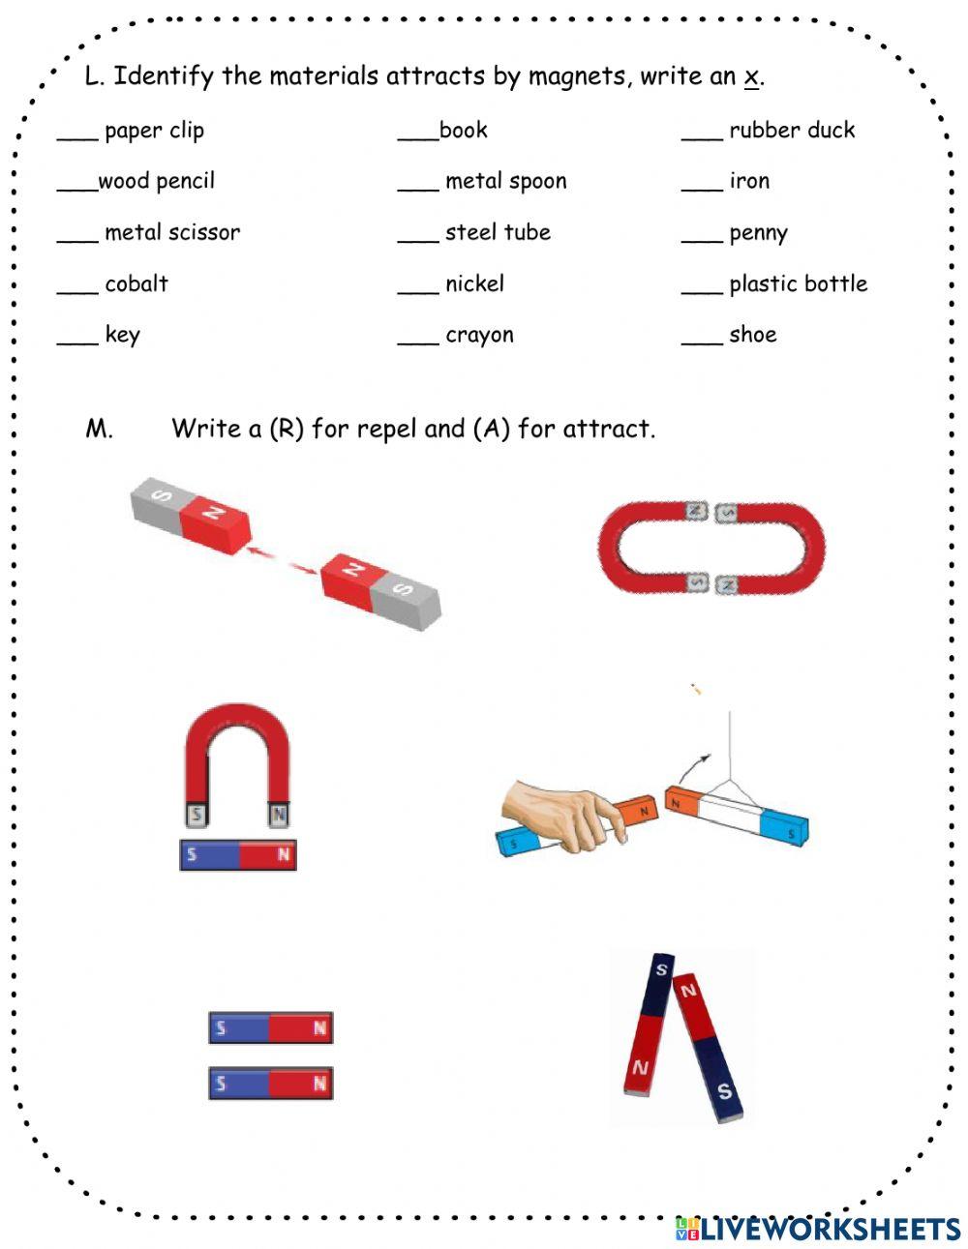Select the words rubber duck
pyautogui.click(x=792, y=130)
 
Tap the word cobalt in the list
pyautogui.click(x=136, y=283)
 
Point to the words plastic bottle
pyautogui.click(x=798, y=283)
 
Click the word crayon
pyautogui.click(x=479, y=336)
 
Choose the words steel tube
pyautogui.click(x=498, y=232)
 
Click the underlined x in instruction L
pyautogui.click(x=750, y=76)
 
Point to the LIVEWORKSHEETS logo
pyautogui.click(x=817, y=1228)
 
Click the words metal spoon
pyautogui.click(x=505, y=181)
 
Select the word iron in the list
pyautogui.click(x=749, y=181)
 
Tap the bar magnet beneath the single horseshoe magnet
pyautogui.click(x=238, y=854)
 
